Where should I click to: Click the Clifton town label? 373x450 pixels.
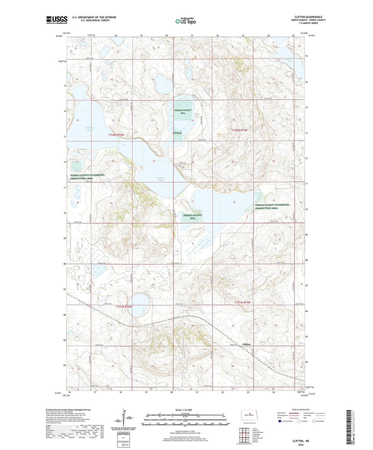tap(246, 344)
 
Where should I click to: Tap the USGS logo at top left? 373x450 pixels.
tap(57, 20)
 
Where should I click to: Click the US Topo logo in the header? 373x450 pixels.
tap(185, 21)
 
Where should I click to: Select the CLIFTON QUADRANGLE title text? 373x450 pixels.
tap(308, 17)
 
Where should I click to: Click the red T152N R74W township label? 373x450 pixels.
tap(116, 135)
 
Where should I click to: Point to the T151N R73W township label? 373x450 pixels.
tap(242, 302)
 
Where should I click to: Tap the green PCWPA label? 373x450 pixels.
tap(177, 133)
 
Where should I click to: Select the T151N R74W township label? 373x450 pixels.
tap(124, 307)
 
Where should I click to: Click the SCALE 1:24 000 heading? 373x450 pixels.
tap(184, 410)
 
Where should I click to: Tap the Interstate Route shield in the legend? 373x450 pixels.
tap(280, 421)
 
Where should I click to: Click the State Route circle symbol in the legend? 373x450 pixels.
tap(314, 421)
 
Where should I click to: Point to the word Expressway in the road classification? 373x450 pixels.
tap(282, 413)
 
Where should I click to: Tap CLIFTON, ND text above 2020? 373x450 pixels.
tap(301, 441)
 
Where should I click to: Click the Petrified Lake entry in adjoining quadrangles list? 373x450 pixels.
tap(258, 432)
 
